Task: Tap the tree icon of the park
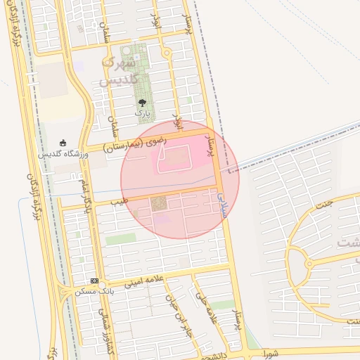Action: point(143,103)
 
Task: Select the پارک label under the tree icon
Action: point(143,113)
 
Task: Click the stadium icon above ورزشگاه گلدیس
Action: point(63,143)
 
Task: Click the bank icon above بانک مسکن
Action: point(94,281)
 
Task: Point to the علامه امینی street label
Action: point(143,281)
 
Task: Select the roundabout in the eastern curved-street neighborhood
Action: point(308,265)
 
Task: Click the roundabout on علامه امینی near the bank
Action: point(65,290)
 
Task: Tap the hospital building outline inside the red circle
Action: point(179,158)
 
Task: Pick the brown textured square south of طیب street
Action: point(159,204)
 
